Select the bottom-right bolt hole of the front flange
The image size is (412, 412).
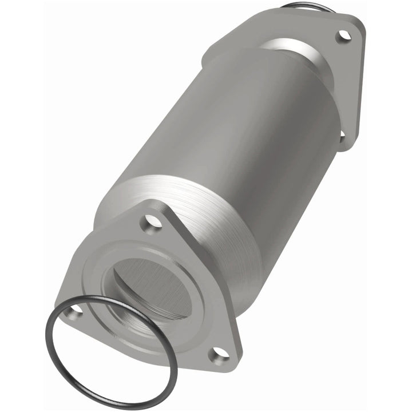point(219,355)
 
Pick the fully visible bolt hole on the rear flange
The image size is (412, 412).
point(343,35)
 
